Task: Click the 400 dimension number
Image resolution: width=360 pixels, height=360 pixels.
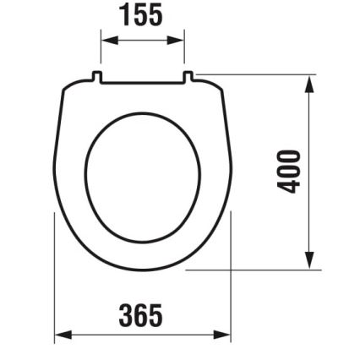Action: click(x=291, y=172)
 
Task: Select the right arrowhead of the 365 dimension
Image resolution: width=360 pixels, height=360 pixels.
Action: click(x=226, y=335)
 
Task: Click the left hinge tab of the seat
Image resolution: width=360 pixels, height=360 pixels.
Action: click(x=97, y=78)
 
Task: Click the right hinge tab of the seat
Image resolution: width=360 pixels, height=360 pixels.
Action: click(x=189, y=78)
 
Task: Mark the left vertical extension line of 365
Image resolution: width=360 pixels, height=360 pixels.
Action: click(x=55, y=279)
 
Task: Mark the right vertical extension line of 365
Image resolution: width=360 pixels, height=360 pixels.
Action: click(x=232, y=279)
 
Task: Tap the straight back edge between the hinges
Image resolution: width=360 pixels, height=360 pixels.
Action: click(x=143, y=83)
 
